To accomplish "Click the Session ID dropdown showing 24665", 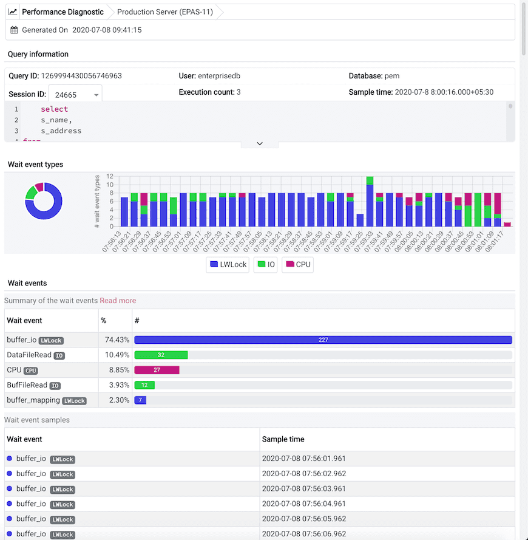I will pos(76,95).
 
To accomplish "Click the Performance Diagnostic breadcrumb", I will pos(62,12).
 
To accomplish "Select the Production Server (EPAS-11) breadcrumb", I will pos(164,12).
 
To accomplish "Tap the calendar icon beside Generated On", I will pos(15,30).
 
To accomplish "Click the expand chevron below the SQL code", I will pos(259,144).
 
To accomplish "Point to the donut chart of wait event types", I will pos(44,200).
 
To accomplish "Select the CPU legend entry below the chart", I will pos(297,265).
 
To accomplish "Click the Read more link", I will pos(118,301).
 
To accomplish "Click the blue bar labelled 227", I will pos(323,340).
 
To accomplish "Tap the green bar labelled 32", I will pos(161,355).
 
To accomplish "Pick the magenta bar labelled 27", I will pos(157,370).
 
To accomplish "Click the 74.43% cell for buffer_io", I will pos(115,340).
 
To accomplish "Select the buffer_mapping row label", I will pos(33,400).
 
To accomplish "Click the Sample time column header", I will pos(283,439).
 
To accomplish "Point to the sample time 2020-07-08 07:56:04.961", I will pos(303,504).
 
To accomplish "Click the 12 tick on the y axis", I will pos(110,177).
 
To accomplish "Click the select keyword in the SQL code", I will pos(54,109).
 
